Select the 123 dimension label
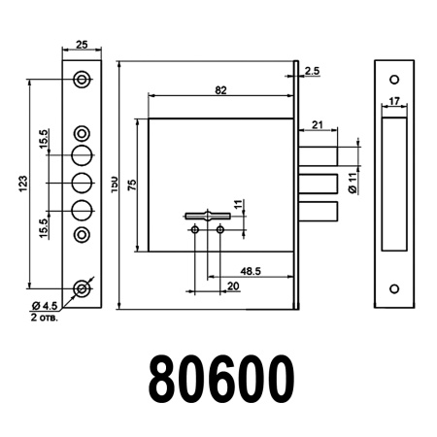coord(21,183)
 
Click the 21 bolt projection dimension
coord(318,124)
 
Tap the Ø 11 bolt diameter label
coord(353,182)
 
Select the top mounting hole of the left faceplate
coord(83,79)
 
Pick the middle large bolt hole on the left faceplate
coord(83,182)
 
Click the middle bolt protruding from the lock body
coord(319,183)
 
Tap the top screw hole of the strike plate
coord(394,79)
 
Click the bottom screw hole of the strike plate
coord(394,288)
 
